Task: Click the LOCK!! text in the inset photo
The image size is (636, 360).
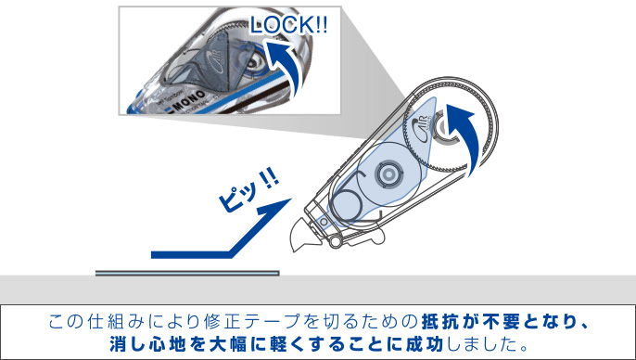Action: pos(288,25)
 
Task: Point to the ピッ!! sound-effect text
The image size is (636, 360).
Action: pos(248,190)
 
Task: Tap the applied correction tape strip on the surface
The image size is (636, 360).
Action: pos(187,273)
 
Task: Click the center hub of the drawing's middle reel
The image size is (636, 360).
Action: pos(388,174)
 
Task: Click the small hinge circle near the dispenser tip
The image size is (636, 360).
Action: pos(335,240)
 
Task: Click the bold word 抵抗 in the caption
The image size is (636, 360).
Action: pos(438,322)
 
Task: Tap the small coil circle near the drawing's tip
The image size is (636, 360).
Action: pos(346,205)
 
